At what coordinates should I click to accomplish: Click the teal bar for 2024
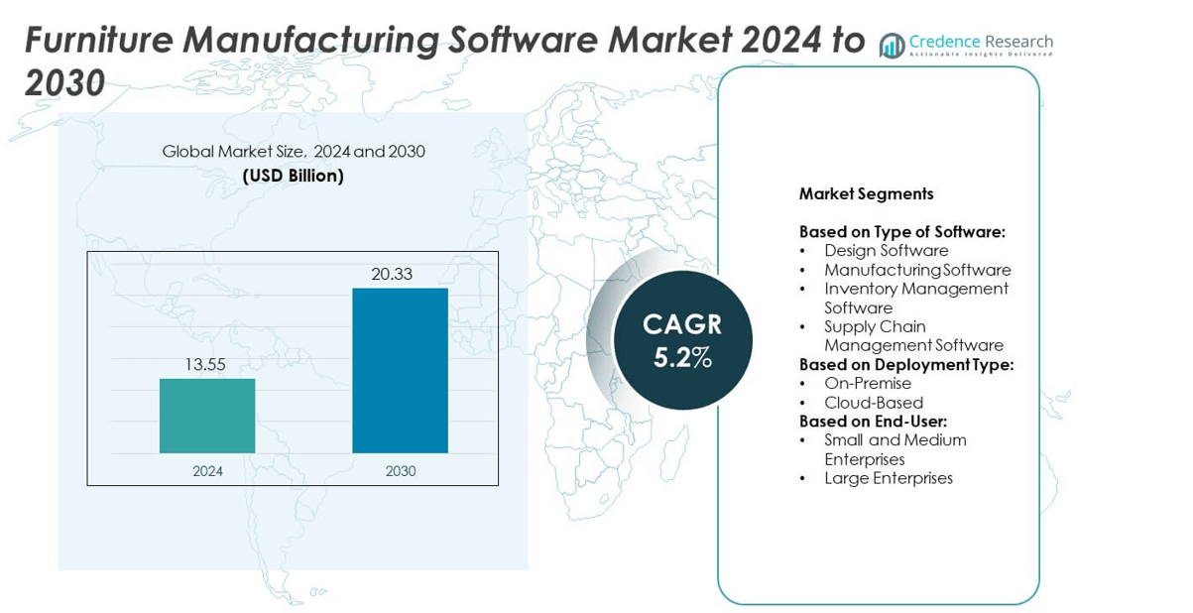(x=207, y=416)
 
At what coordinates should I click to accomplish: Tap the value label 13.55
(x=205, y=365)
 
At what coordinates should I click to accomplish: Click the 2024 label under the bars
(x=207, y=471)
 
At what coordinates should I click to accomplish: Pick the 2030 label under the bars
(x=400, y=471)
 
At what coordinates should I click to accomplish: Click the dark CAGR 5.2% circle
(x=682, y=339)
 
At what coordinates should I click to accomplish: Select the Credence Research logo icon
(x=892, y=45)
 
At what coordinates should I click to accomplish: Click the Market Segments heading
(x=866, y=194)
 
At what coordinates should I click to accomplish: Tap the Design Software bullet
(x=886, y=251)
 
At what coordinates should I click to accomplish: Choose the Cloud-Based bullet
(x=873, y=403)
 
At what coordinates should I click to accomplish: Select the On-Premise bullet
(x=867, y=384)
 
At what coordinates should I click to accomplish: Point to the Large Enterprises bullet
(x=888, y=478)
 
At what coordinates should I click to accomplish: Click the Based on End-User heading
(x=873, y=422)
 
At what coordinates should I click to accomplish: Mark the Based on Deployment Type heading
(x=905, y=364)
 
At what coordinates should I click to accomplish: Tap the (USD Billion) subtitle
(x=294, y=176)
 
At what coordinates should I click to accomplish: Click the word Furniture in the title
(x=96, y=41)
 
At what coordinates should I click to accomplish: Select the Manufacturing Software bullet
(x=916, y=270)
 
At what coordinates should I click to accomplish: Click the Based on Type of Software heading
(x=901, y=232)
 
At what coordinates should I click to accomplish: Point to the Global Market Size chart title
(x=294, y=152)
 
